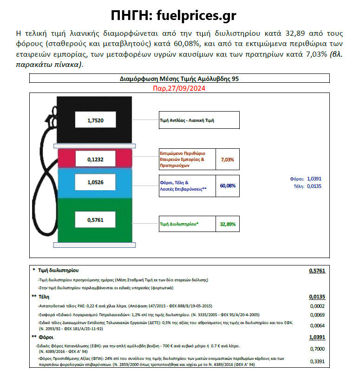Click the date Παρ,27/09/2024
(179, 88)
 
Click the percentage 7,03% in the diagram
(227, 159)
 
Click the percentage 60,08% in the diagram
(228, 185)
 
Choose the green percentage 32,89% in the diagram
(228, 224)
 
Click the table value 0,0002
(317, 306)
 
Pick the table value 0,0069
(317, 315)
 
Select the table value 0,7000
(317, 349)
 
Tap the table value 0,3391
(317, 361)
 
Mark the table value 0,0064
(317, 325)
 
